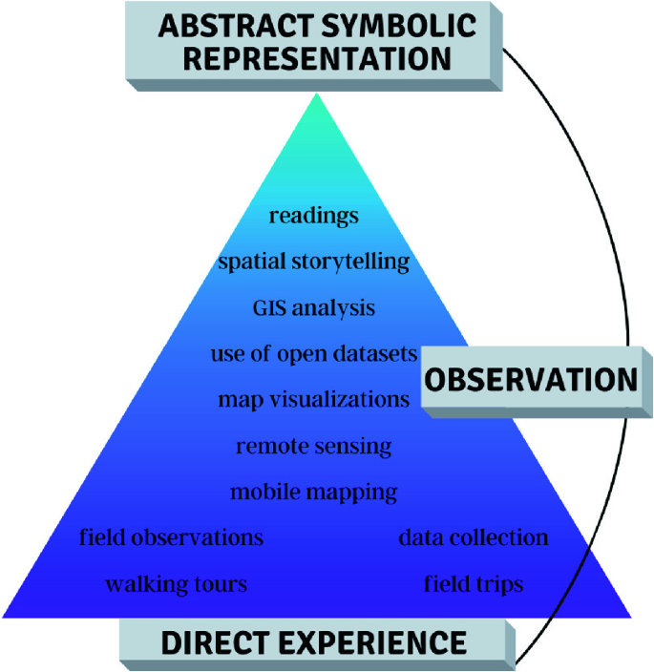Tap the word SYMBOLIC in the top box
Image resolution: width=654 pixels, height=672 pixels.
coord(405,26)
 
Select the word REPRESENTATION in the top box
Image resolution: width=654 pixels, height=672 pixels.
coord(317,58)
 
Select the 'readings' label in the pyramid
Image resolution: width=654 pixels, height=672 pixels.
coord(313,216)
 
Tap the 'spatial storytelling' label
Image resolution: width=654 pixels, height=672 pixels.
coord(313,262)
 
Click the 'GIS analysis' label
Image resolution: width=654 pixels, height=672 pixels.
coord(313,308)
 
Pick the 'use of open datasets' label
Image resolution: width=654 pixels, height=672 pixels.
coord(313,354)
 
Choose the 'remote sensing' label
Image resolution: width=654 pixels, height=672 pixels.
coord(313,446)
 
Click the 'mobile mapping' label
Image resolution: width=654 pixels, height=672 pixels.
coord(313,493)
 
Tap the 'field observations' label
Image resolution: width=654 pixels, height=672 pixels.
coord(171,537)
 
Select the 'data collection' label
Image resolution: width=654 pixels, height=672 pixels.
coord(474,537)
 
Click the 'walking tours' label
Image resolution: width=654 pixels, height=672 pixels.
coord(176,583)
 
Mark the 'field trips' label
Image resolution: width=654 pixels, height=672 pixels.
coord(474,583)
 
